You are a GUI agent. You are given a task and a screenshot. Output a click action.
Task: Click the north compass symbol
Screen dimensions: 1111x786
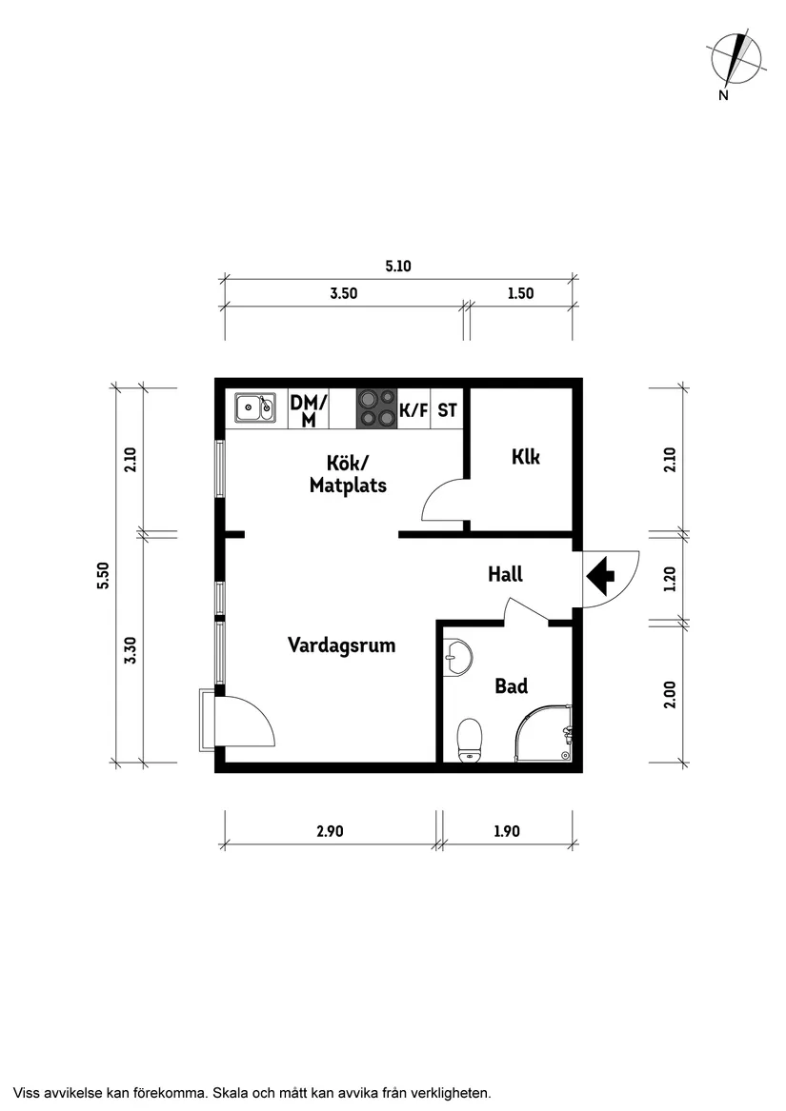pos(736,58)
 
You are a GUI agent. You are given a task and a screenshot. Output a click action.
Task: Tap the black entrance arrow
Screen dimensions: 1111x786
pos(600,575)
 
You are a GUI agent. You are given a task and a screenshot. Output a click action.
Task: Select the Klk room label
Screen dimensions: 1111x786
pos(525,457)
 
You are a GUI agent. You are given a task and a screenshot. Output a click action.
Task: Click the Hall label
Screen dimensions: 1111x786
pos(505,574)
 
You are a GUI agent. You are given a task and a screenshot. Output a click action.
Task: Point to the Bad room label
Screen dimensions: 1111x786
pos(511,685)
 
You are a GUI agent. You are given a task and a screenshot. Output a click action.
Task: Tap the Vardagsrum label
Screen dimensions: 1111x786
pos(341,645)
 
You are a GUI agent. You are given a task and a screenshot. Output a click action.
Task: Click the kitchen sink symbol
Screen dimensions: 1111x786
pos(254,407)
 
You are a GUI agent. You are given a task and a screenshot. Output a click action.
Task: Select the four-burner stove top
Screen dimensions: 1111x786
pos(375,407)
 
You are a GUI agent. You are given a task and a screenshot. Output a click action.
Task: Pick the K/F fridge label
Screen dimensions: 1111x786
pos(413,411)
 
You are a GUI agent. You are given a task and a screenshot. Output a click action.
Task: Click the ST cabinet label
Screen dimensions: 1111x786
pos(447,411)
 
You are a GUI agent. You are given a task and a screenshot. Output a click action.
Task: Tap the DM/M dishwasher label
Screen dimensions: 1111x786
pos(308,410)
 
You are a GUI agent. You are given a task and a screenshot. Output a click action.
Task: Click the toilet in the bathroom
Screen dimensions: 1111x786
pos(470,739)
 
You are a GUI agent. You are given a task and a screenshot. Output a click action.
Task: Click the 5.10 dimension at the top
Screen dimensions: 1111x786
pos(397,267)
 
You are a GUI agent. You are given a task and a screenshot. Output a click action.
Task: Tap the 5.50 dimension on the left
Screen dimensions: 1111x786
pos(103,575)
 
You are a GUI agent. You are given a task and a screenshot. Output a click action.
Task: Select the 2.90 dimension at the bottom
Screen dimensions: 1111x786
pos(329,831)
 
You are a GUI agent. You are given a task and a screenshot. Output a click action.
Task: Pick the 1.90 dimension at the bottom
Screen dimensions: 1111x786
pos(507,831)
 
